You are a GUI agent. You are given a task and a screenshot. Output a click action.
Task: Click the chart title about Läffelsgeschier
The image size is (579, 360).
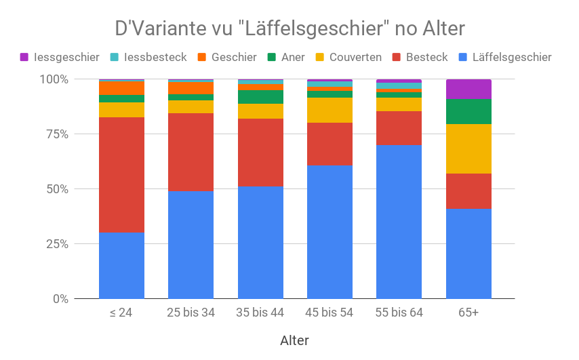289,29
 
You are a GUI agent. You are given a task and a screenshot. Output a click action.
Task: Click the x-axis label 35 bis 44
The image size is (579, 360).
260,313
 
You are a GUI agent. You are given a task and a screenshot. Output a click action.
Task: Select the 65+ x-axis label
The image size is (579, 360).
468,313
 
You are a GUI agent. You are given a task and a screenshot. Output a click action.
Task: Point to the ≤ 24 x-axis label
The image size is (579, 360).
121,313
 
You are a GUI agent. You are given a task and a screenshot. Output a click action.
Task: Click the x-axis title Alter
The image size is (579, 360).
295,340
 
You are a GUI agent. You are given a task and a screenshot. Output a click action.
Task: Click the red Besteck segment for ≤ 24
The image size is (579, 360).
121,175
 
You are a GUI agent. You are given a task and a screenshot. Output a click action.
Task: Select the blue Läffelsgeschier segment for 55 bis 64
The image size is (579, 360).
399,222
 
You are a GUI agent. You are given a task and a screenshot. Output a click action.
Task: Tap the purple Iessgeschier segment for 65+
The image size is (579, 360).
468,89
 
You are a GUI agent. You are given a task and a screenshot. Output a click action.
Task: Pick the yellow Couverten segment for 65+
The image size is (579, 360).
468,148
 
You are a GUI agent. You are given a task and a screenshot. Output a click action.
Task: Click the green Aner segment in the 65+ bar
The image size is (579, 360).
468,111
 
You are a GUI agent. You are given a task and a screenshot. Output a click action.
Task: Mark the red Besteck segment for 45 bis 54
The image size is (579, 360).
330,144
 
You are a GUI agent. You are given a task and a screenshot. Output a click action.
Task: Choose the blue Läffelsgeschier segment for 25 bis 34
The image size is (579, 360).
191,245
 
